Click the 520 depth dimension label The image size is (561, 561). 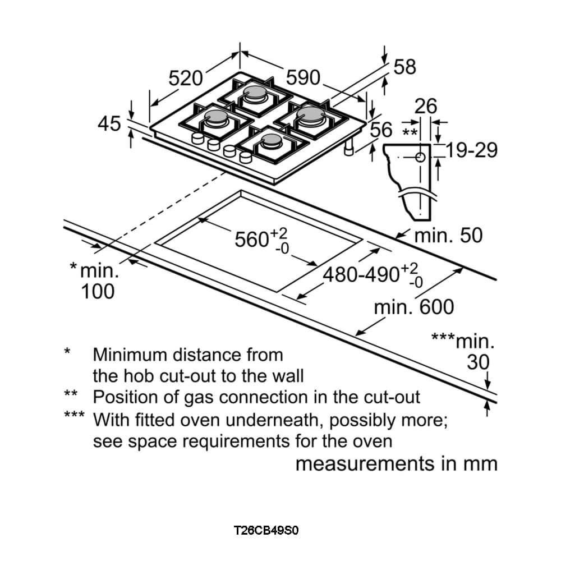tap(186, 77)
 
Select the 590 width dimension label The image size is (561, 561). tap(303, 77)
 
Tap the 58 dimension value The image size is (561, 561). tap(404, 67)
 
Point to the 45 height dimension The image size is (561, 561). tap(109, 123)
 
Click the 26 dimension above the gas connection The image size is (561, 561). tap(426, 105)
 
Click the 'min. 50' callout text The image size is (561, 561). tap(448, 236)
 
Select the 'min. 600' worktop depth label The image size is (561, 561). tap(414, 307)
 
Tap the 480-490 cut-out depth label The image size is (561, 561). tap(361, 275)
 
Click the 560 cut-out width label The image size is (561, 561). tap(252, 240)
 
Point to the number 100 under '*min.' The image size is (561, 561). tap(98, 292)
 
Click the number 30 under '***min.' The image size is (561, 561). tap(478, 362)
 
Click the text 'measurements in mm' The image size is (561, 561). tap(396, 464)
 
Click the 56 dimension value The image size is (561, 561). tap(381, 130)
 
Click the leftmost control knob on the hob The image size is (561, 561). tap(197, 140)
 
